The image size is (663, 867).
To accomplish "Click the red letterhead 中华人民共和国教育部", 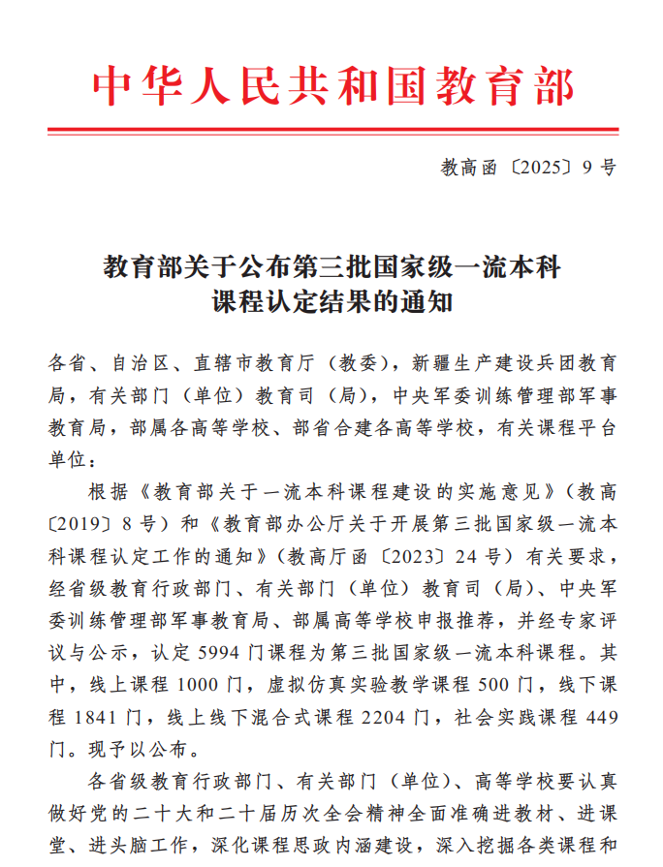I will [332, 86].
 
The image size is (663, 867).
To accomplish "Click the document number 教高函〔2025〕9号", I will [527, 168].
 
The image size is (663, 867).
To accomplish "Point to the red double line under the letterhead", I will [332, 131].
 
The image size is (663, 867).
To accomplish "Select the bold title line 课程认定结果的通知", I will [332, 302].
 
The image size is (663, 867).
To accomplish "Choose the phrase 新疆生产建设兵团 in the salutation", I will [494, 364].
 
